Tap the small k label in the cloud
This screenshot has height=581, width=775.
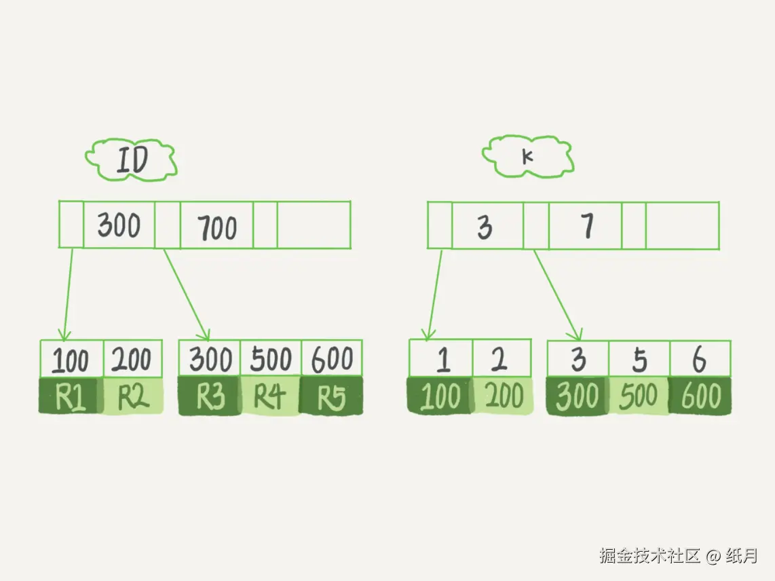[x=527, y=157]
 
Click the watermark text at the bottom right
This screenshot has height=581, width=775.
[x=678, y=556]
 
